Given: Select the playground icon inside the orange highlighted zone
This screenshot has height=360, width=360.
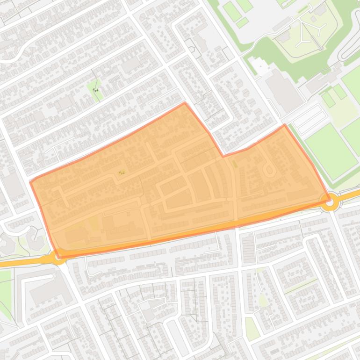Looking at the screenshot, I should [x=122, y=173].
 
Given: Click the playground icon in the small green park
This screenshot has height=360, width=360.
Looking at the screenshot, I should [x=95, y=89].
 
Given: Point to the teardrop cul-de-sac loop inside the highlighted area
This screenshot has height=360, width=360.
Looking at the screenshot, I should [x=269, y=170].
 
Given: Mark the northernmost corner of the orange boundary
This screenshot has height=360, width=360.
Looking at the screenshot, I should [x=185, y=103].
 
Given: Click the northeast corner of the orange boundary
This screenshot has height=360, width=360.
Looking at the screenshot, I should [x=284, y=125].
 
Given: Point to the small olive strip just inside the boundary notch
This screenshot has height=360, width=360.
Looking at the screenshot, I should [x=235, y=164].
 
